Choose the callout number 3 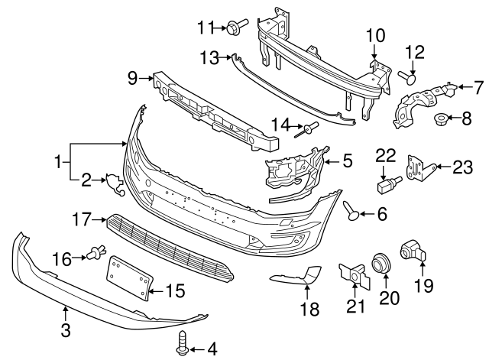pyautogui.click(x=65, y=330)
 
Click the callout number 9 pyautogui.click(x=132, y=76)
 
